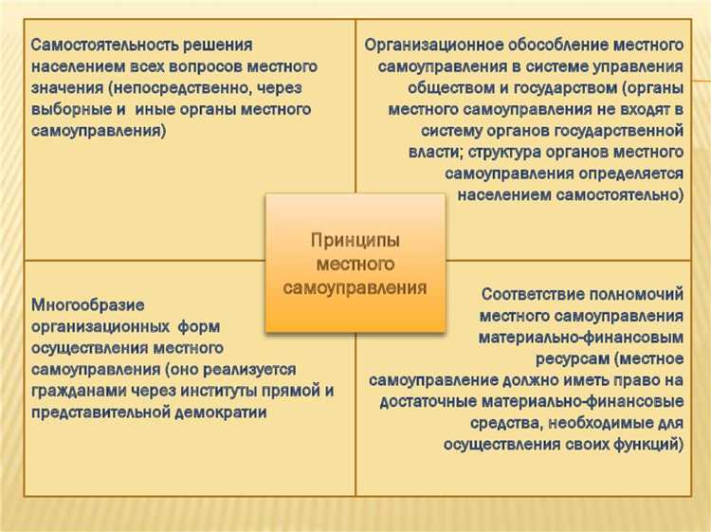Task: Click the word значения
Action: [65, 89]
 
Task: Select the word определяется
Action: [629, 174]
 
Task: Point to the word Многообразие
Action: [87, 305]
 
